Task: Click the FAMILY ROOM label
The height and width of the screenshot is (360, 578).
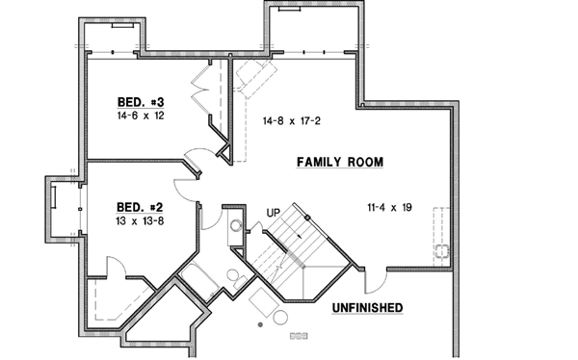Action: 340,163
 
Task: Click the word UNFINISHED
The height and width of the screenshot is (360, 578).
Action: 366,308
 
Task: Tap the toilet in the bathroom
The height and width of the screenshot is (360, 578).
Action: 234,276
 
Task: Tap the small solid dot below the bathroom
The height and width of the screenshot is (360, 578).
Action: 260,326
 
